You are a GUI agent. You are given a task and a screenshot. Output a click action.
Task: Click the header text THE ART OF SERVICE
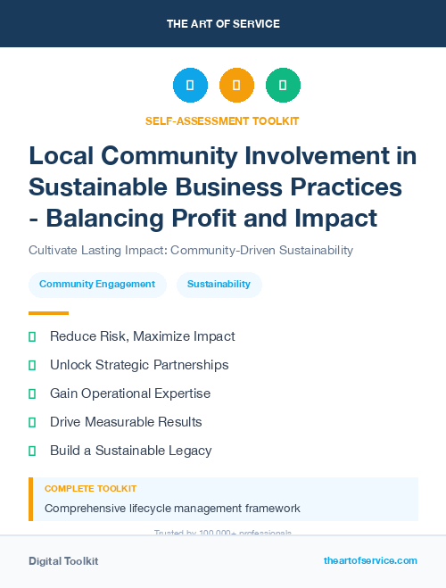click(223, 24)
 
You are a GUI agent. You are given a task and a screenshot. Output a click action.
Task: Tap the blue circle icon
click(190, 86)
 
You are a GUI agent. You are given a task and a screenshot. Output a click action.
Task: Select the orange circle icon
click(236, 86)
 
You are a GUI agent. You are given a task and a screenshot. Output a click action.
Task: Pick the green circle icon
click(283, 86)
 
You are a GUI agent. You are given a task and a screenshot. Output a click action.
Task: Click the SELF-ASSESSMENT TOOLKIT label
click(223, 120)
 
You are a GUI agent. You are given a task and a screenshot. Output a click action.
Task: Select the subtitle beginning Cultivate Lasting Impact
click(191, 250)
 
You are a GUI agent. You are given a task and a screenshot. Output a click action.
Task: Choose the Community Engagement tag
click(97, 285)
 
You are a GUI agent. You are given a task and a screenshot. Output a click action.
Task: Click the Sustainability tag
click(219, 285)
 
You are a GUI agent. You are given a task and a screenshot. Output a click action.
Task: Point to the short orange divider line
click(48, 313)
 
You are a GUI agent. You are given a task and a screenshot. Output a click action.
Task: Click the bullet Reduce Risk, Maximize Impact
click(142, 336)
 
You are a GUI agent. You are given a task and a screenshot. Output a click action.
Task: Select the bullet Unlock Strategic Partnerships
click(139, 365)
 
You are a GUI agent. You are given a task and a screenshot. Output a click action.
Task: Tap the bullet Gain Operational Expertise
click(130, 393)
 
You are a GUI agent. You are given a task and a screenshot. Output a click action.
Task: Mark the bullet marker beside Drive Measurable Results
click(32, 422)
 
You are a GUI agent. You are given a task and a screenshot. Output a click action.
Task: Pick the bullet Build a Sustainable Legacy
click(130, 451)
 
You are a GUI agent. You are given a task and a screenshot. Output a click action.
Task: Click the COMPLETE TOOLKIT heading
click(90, 489)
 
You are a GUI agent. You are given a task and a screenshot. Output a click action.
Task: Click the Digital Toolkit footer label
click(63, 561)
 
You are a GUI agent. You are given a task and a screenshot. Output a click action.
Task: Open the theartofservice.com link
click(370, 560)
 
